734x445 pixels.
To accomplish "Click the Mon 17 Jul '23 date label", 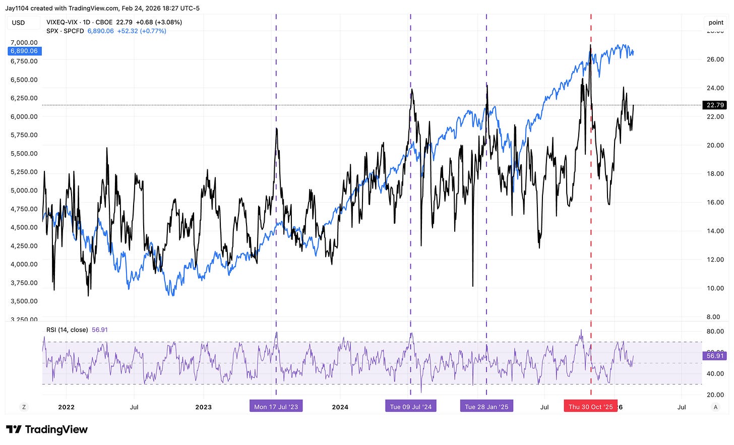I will tap(276, 407).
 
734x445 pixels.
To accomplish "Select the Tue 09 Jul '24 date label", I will tap(410, 407).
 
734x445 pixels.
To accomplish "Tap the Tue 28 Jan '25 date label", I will tap(486, 407).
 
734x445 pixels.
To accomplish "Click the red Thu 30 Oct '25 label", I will tap(590, 407).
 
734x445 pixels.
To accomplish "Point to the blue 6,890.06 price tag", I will tap(24, 51).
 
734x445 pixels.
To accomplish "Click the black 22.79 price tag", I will tap(715, 105).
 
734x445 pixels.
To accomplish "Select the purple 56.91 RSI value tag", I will tap(715, 356).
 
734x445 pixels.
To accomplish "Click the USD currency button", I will tap(19, 23).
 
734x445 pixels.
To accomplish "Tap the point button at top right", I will tap(716, 23).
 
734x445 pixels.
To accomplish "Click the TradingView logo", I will tap(47, 429).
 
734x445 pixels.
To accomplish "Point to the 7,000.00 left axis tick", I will tap(24, 42).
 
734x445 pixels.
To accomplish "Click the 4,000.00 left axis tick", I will tap(24, 264).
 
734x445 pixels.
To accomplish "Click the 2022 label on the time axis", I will tap(66, 407).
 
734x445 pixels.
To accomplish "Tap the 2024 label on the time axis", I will tap(340, 407).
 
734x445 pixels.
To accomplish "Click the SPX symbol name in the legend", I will tap(52, 31).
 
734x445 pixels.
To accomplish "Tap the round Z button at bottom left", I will tap(23, 407).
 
